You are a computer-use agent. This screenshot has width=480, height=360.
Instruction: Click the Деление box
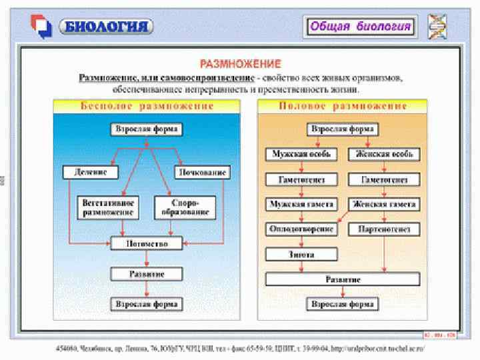(90, 172)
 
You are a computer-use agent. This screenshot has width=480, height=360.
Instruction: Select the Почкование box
(201, 172)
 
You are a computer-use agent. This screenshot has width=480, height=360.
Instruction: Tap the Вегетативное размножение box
(109, 207)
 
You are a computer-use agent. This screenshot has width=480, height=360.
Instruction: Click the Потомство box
(146, 244)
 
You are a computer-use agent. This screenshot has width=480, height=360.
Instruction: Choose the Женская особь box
(384, 154)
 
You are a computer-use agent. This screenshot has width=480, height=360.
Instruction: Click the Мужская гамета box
(301, 203)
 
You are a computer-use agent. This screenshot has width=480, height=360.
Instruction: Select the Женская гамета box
(384, 203)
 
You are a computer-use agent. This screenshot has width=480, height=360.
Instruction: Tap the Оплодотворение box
(301, 229)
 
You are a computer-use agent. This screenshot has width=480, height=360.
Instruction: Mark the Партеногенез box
(384, 229)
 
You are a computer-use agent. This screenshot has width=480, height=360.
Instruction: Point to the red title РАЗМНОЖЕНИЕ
(241, 64)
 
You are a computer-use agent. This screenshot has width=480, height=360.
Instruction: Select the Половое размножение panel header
(342, 106)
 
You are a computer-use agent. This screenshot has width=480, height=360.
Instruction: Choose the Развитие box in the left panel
(146, 274)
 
